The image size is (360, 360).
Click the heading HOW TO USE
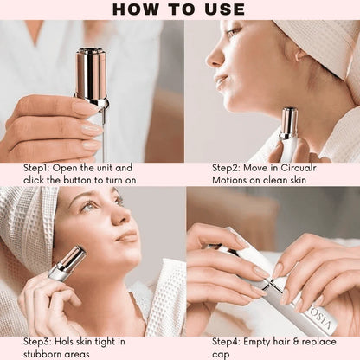179,10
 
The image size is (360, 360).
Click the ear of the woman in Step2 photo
299,55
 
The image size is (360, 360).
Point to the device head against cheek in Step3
70,259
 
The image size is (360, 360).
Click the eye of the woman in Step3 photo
89,208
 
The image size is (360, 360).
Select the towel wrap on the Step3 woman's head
26,225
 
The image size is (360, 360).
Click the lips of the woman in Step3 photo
126,236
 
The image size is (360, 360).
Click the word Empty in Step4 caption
254,341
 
